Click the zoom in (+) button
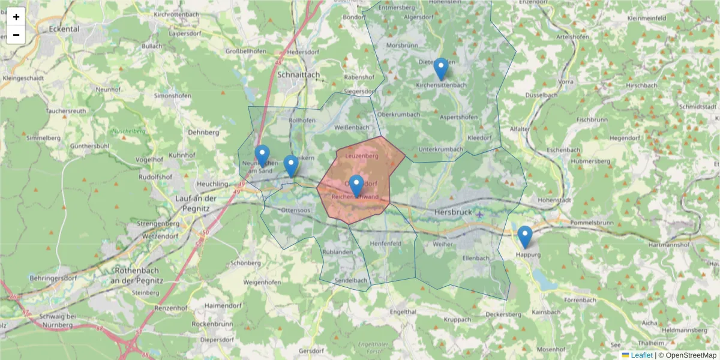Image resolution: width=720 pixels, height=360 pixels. click(x=16, y=17)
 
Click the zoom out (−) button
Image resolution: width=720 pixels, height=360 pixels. click(x=16, y=35)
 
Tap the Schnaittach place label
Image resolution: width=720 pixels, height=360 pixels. click(x=299, y=75)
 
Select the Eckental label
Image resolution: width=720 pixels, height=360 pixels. click(x=65, y=28)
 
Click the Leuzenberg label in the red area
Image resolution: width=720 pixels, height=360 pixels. click(x=362, y=156)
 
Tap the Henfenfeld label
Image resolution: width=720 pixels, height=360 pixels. click(x=386, y=244)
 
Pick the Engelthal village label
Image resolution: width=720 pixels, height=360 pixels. click(x=403, y=312)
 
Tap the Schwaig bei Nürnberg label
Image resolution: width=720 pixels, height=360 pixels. click(x=54, y=320)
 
